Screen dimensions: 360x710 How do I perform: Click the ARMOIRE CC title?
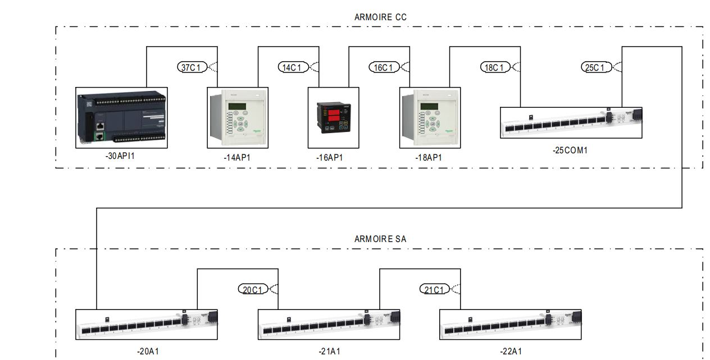click(x=380, y=17)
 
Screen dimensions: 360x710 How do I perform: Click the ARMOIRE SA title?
click(x=380, y=239)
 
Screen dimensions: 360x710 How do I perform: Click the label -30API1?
click(x=120, y=156)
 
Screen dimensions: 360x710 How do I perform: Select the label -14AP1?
click(x=237, y=158)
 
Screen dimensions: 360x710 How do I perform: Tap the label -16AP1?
click(x=329, y=158)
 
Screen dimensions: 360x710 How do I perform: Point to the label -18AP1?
click(x=429, y=158)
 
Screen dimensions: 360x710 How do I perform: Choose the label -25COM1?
click(x=570, y=151)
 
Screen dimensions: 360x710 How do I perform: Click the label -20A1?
click(x=148, y=352)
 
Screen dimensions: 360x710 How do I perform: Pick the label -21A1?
click(x=329, y=352)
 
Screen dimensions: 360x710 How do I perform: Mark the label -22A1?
click(x=511, y=352)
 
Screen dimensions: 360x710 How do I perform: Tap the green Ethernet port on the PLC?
click(x=99, y=136)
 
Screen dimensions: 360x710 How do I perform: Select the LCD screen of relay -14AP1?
click(x=236, y=107)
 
